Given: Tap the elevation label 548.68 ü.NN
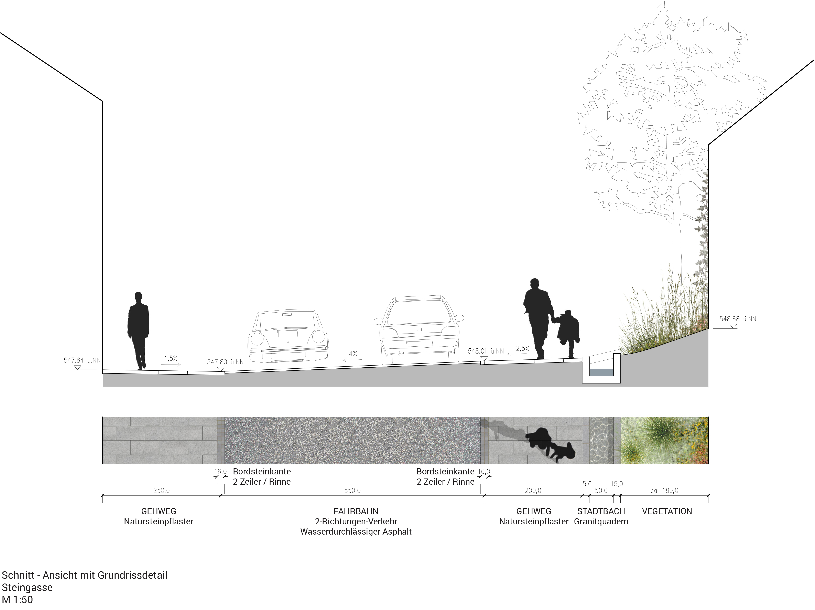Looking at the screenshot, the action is tap(738, 319).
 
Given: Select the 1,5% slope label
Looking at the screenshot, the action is tap(171, 358).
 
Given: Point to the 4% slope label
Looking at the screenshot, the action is tap(353, 354).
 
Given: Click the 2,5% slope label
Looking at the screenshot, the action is tap(522, 348).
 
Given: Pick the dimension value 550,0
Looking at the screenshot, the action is tap(352, 491).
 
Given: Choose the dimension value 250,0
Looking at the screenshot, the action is tap(161, 491).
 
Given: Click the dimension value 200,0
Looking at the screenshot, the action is tap(533, 491).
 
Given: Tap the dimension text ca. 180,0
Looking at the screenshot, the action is tap(664, 491).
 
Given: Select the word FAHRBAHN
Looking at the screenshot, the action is tap(356, 511).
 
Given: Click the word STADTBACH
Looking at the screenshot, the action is tap(601, 511).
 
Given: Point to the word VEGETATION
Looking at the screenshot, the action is tap(667, 511).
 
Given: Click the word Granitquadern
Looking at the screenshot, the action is tap(601, 522).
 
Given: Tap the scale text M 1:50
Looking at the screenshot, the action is tap(17, 600).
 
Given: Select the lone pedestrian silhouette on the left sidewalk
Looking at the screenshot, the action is tap(138, 331).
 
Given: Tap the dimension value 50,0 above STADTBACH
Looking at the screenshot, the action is tap(601, 491).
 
